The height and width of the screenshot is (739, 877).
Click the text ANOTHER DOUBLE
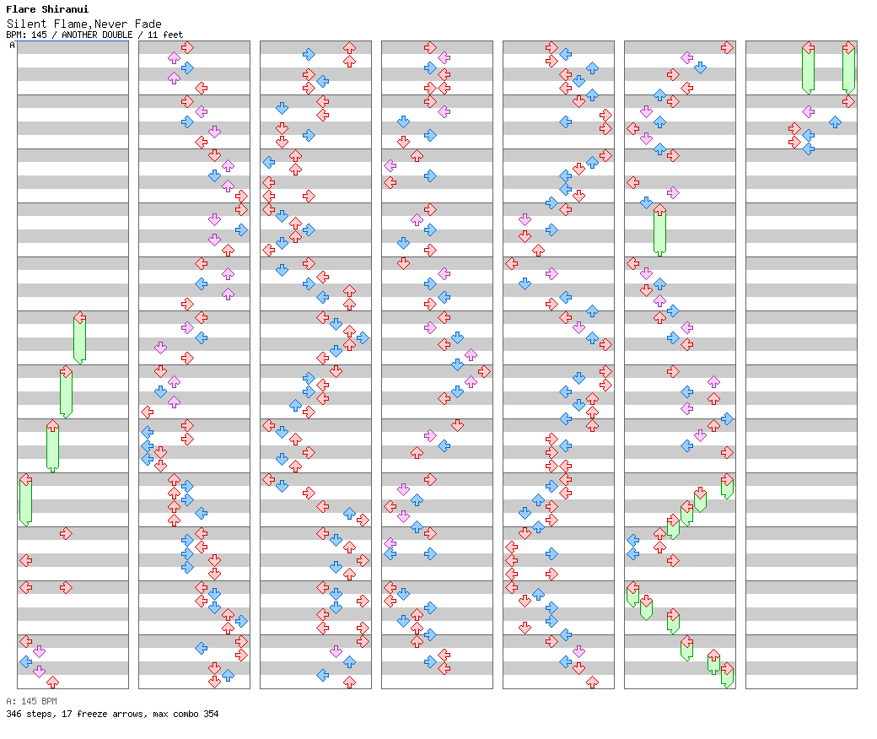[97, 35]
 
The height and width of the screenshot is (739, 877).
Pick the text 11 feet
[165, 35]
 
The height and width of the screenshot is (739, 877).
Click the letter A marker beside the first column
[12, 45]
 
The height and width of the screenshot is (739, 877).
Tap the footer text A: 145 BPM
[31, 701]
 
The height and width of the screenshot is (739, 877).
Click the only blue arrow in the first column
[26, 661]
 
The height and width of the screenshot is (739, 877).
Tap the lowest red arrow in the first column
[52, 682]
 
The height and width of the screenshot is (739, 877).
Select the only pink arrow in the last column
[808, 112]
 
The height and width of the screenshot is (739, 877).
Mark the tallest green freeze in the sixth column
[660, 229]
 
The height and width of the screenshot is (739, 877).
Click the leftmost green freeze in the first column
[26, 499]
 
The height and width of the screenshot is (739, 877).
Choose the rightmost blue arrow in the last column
[835, 121]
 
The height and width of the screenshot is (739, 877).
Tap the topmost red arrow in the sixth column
[727, 47]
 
